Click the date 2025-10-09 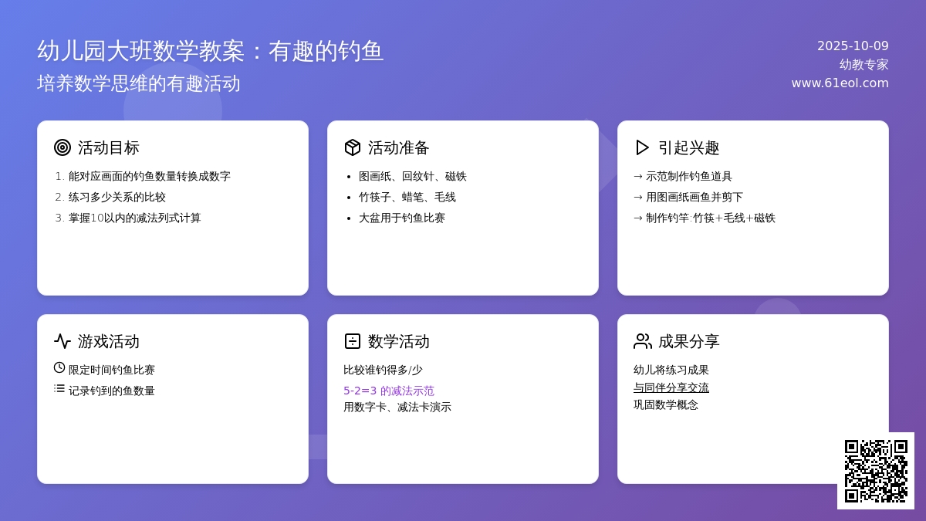853,46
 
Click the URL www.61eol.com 840,83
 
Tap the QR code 876,471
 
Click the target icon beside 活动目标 63,147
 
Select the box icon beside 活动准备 353,147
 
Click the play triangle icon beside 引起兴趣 642,147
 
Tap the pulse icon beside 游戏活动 63,341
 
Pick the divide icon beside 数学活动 353,341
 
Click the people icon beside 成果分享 642,341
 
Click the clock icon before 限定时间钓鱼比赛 59,368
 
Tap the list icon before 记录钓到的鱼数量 59,389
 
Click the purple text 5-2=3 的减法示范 389,391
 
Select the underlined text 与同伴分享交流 671,387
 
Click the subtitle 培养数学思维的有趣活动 139,83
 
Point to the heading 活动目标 109,147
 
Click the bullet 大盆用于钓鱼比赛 402,218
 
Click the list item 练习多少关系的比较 117,197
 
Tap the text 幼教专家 863,64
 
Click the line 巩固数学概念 666,404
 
